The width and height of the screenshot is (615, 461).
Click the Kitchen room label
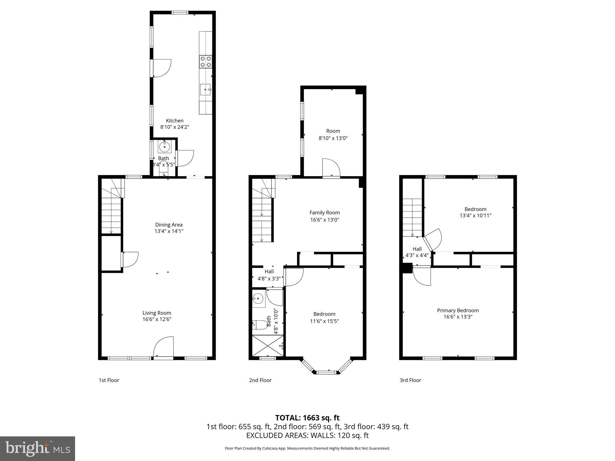pos(174,121)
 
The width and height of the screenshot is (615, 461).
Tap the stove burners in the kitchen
pos(206,62)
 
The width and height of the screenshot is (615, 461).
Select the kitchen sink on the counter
pos(206,89)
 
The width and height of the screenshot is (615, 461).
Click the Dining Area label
pos(169,224)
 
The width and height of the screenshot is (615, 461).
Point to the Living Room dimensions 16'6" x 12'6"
pos(157,319)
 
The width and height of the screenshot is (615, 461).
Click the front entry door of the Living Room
pos(164,348)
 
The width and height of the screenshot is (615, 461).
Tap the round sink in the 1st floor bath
pos(164,147)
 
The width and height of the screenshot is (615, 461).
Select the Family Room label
pos(325,212)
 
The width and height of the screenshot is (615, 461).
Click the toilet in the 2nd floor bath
pos(259,325)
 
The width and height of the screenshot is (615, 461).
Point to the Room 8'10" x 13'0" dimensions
pos(333,138)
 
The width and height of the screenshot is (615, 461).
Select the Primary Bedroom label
pos(458,310)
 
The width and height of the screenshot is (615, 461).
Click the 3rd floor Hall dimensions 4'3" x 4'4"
pos(417,255)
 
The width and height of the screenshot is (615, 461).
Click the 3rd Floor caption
pos(410,380)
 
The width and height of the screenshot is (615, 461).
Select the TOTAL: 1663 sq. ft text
pos(307,418)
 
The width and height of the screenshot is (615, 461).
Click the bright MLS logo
pos(38,448)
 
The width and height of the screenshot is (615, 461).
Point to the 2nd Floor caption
pos(260,380)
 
